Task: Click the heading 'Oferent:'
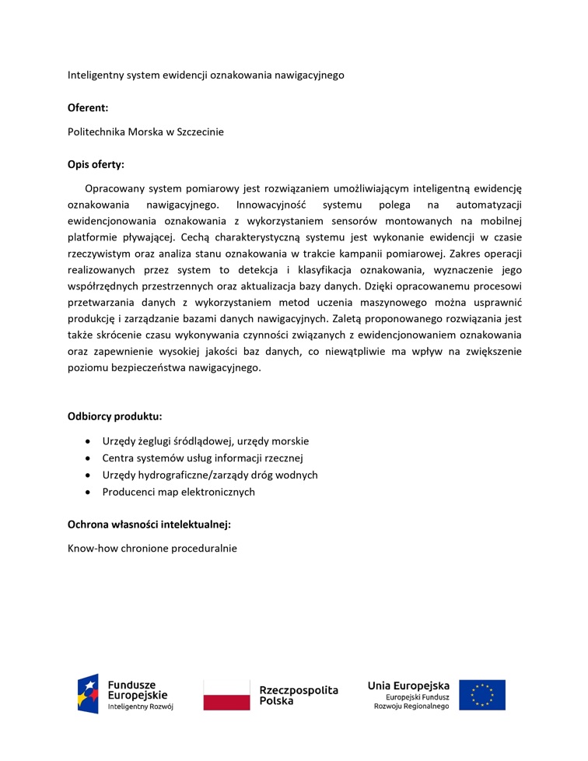(88, 107)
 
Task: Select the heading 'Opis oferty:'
(96, 164)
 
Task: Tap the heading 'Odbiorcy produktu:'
(115, 416)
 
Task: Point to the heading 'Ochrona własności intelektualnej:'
(149, 524)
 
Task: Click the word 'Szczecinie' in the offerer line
(198, 132)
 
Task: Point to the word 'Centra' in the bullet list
(118, 458)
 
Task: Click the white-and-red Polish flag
(227, 694)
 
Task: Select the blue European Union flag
(481, 695)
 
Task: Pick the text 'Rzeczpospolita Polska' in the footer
(298, 695)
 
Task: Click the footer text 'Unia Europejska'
(408, 686)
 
